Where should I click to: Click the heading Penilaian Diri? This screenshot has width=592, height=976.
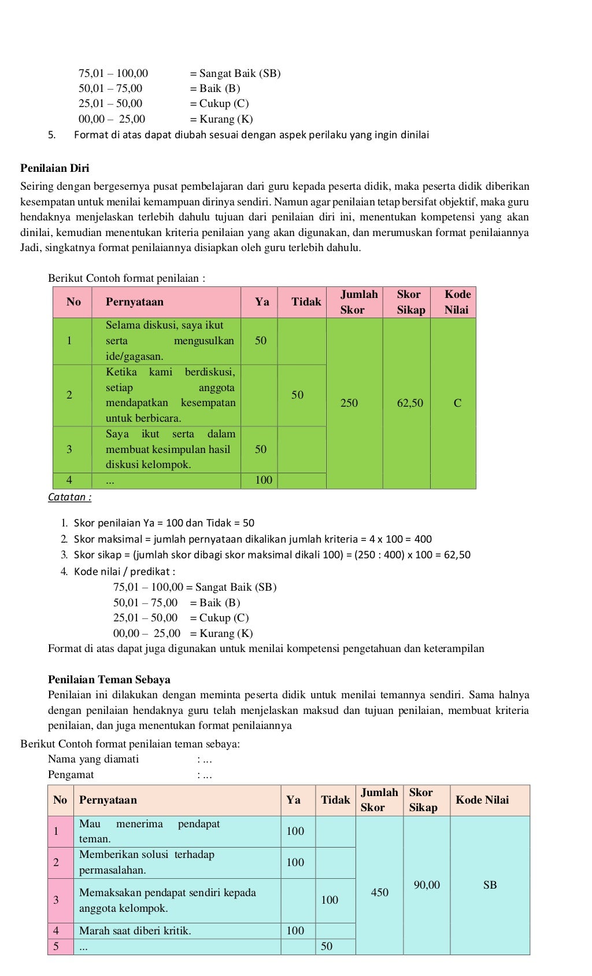coord(55,168)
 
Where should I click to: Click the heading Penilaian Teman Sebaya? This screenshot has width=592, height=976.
coord(109,679)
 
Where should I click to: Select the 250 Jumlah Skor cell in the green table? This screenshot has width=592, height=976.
coord(349,403)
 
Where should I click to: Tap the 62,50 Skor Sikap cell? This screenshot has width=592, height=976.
coord(410,403)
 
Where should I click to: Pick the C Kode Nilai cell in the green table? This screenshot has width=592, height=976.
coord(457,403)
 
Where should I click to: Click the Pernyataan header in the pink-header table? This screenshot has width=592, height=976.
coord(135,302)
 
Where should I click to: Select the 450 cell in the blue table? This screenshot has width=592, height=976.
coord(379,892)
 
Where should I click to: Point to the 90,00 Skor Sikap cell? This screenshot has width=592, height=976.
coord(427,885)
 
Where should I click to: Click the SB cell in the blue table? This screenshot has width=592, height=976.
coord(490,885)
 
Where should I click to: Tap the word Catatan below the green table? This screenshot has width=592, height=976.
coord(69,497)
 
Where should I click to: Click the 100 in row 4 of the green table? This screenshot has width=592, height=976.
coord(263,480)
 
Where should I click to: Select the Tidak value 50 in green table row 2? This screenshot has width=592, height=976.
coord(297,395)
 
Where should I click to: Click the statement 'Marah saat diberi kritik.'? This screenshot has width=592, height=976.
coord(135,930)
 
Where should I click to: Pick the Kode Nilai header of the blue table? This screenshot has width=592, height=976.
coord(482,800)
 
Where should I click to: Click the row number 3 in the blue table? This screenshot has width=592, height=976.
coord(56,900)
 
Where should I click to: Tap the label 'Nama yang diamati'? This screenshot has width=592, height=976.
coord(93,759)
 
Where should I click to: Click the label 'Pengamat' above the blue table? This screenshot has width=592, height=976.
coord(71,775)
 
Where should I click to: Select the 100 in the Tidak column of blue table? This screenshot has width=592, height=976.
coord(330,900)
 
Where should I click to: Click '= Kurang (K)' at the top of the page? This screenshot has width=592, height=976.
coord(221,119)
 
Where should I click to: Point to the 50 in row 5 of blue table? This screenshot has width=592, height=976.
coord(327,946)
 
